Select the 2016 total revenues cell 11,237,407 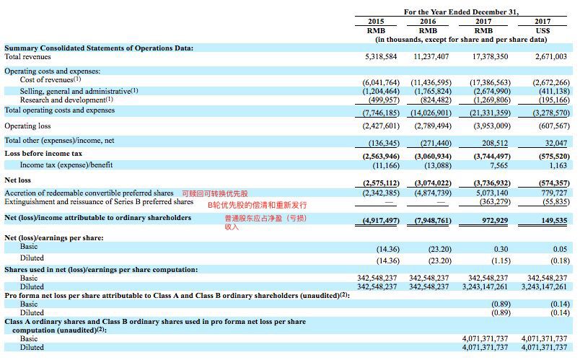tap(431, 56)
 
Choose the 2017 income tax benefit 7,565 tap(498, 164)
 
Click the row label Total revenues tap(28, 56)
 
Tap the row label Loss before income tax tap(43, 154)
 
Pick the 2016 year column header tap(429, 22)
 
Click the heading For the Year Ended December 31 tap(462, 12)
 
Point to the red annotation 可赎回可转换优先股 tap(214, 193)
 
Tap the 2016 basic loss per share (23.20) tap(439, 249)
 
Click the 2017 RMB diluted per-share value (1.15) tap(498, 260)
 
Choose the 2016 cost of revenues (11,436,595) tap(431, 82)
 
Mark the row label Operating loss tap(28, 126)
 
